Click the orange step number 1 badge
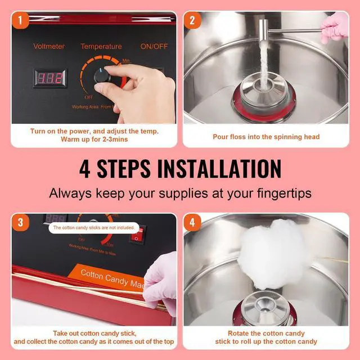click(x=21, y=22)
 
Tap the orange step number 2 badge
click(x=193, y=22)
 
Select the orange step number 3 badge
click(x=21, y=223)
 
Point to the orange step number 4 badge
click(x=193, y=223)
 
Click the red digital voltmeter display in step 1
click(x=49, y=78)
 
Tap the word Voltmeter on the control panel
click(x=49, y=46)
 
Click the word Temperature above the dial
click(x=101, y=46)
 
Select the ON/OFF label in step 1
click(x=155, y=46)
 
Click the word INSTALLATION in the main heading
click(x=220, y=169)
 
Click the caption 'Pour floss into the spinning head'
click(x=265, y=137)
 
